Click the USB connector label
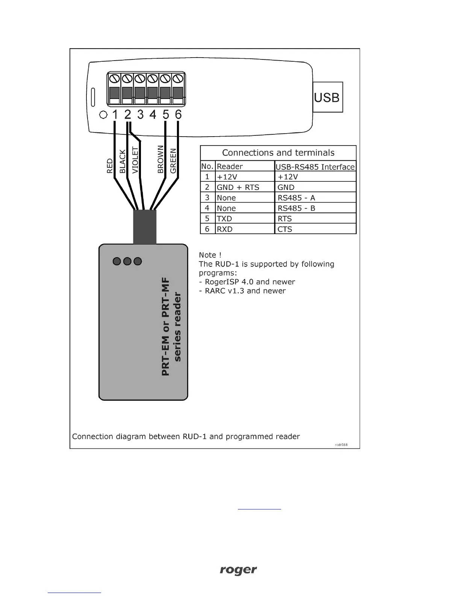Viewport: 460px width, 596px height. pyautogui.click(x=327, y=97)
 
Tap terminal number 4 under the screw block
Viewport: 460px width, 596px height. pyautogui.click(x=153, y=114)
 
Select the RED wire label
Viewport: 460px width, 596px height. pyautogui.click(x=110, y=166)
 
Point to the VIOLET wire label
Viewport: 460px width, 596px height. pyautogui.click(x=135, y=160)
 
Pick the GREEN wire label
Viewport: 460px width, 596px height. pyautogui.click(x=173, y=161)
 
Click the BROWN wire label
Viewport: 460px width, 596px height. pyautogui.click(x=161, y=159)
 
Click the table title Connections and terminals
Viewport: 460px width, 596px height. pyautogui.click(x=278, y=153)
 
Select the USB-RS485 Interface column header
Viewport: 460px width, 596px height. pyautogui.click(x=315, y=167)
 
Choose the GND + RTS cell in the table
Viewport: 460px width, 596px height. pyautogui.click(x=238, y=187)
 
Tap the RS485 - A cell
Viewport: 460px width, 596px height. pyautogui.click(x=297, y=198)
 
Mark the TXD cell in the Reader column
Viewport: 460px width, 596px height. pyautogui.click(x=224, y=219)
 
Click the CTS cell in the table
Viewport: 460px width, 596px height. pyautogui.click(x=285, y=229)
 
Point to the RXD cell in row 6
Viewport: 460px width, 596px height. pyautogui.click(x=225, y=229)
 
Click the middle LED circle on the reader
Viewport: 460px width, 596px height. pyautogui.click(x=127, y=261)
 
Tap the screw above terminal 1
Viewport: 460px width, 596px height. pyautogui.click(x=115, y=79)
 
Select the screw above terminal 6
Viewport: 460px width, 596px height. pyautogui.click(x=178, y=79)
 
